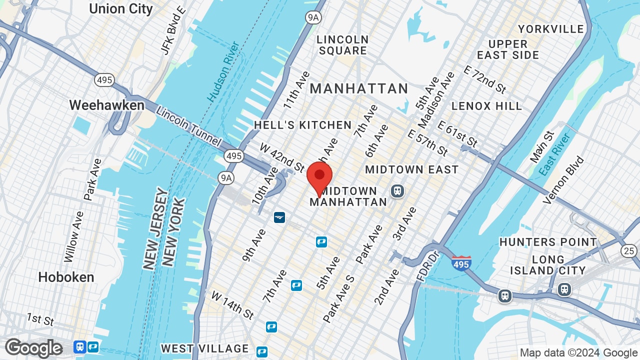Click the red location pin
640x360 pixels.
[x=319, y=178]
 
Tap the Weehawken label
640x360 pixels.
[x=106, y=105]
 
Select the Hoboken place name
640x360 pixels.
[x=66, y=277]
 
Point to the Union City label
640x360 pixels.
[x=120, y=8]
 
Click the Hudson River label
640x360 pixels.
[x=223, y=72]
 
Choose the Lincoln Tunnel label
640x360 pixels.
[x=188, y=126]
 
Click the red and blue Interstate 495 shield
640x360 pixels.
[x=461, y=262]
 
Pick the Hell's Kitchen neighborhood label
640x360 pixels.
[x=302, y=125]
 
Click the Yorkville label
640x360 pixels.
[x=551, y=29]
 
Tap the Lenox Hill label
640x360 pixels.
[x=486, y=106]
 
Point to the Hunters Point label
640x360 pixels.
[x=548, y=242]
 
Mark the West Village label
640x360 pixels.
[x=205, y=348]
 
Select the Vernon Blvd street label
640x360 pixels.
[x=563, y=180]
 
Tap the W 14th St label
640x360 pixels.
[x=232, y=305]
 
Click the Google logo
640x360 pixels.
[x=34, y=348]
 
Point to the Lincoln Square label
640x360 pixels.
[x=342, y=45]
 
